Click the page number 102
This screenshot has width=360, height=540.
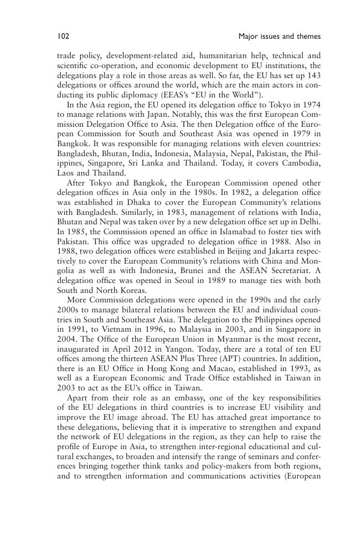tap(61, 37)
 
